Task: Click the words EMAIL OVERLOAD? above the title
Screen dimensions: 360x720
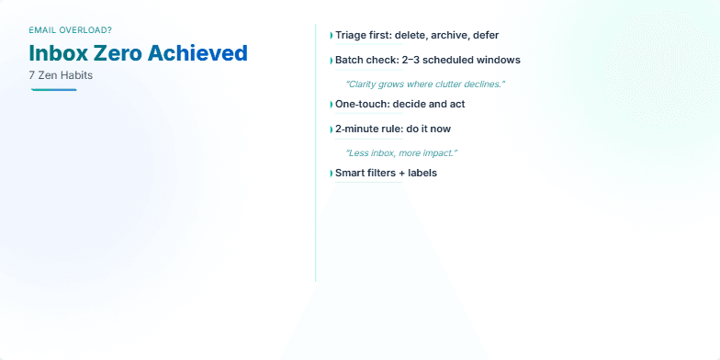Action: [71, 30]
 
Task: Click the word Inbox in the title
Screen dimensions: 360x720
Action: [58, 53]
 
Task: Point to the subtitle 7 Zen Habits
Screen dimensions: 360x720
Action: [61, 75]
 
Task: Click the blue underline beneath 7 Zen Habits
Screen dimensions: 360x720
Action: [53, 89]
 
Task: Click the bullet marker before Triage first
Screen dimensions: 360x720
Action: [331, 36]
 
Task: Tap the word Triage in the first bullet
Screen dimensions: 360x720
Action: [352, 35]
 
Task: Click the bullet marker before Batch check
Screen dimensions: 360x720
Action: [331, 62]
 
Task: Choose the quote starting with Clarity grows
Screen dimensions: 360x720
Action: [424, 84]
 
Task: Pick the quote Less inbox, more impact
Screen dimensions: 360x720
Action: [400, 152]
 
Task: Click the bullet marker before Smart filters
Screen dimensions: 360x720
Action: [331, 174]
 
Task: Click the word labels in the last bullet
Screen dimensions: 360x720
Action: [422, 173]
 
